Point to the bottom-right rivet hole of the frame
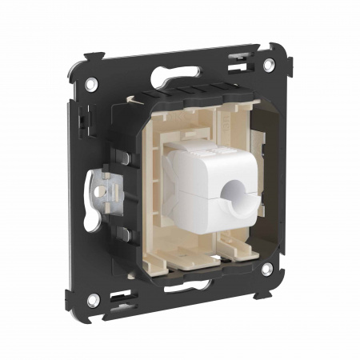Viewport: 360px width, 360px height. [x=266, y=270]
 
